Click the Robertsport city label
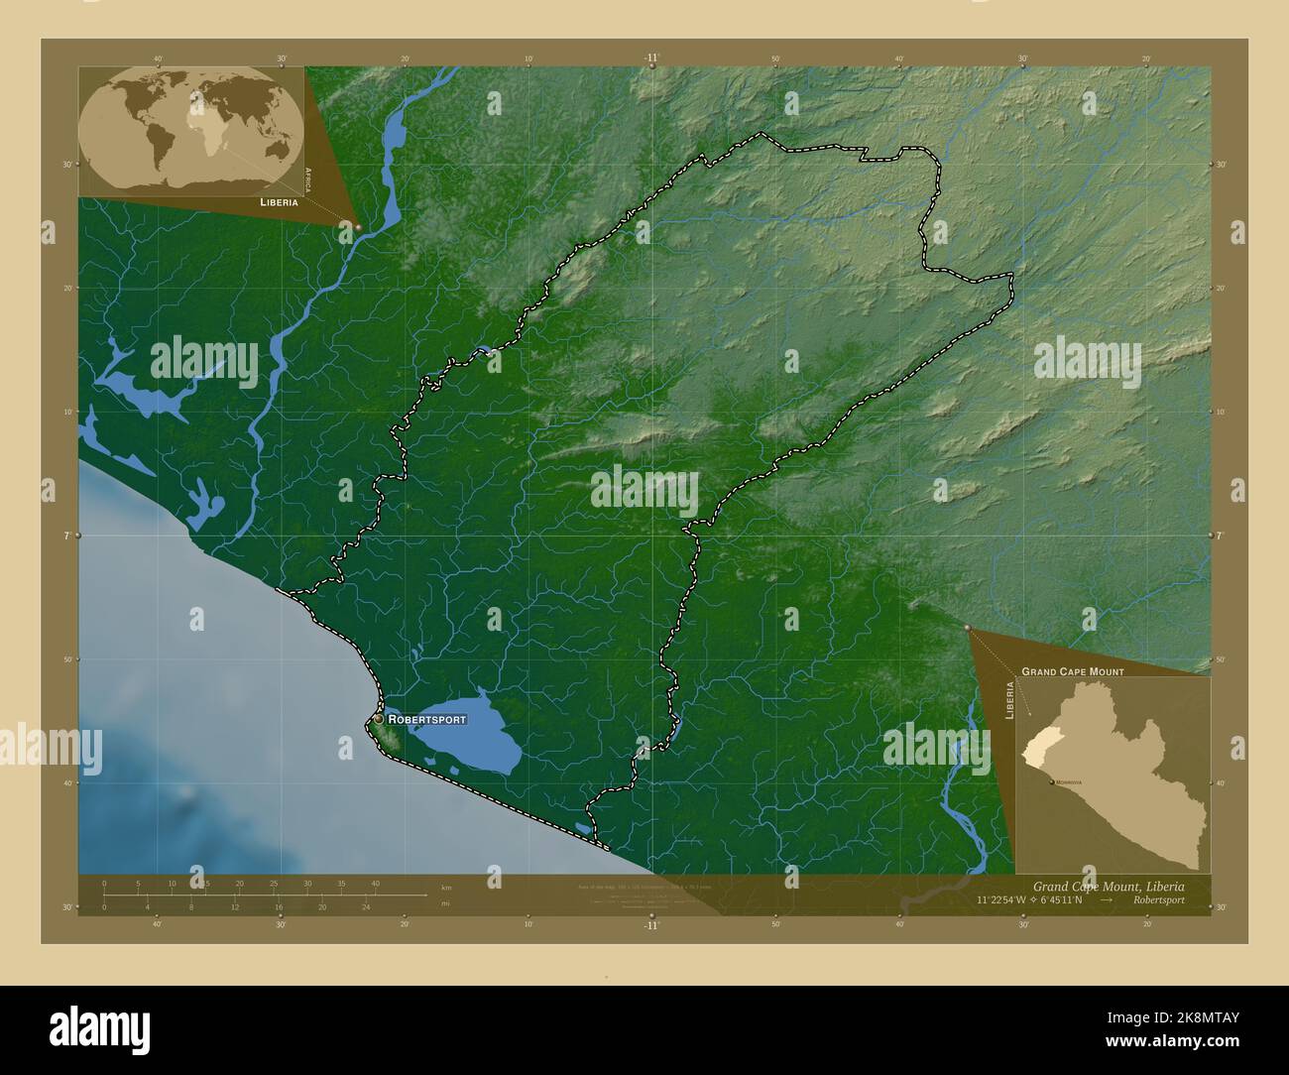tap(426, 718)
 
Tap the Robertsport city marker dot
tap(378, 719)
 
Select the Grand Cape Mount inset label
tap(1072, 671)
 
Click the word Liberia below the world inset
tap(279, 201)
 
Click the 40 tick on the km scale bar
tap(375, 883)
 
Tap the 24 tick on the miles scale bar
tap(366, 906)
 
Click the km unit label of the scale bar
tap(445, 888)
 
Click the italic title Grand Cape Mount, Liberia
tap(1108, 886)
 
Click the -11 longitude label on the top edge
tap(650, 59)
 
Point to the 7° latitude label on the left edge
tap(67, 536)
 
